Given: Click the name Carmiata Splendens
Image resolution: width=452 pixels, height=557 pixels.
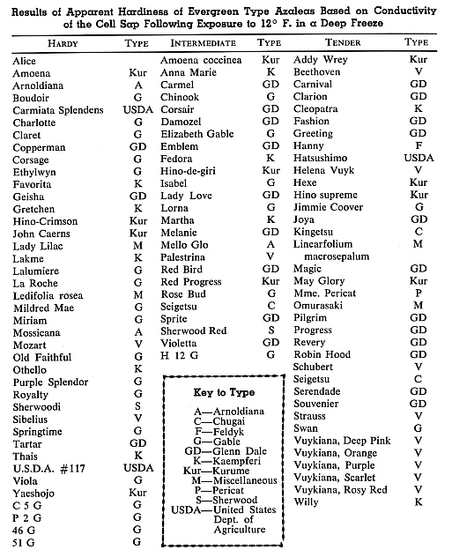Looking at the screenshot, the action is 57,110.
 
